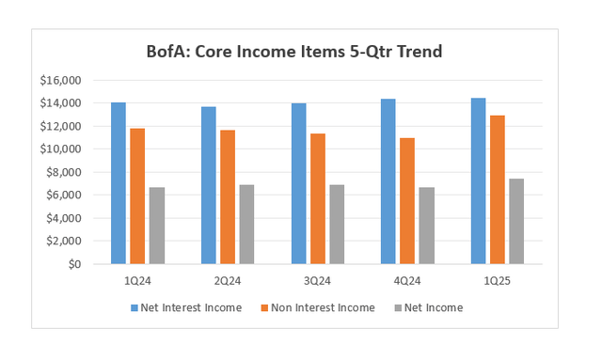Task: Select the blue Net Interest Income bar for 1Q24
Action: (119, 183)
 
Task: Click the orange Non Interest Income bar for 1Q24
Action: (137, 196)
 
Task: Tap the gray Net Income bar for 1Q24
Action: (156, 226)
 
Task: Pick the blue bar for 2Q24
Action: (209, 185)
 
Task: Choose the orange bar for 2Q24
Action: (228, 197)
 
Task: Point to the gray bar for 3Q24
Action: (337, 225)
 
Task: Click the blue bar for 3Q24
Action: (299, 184)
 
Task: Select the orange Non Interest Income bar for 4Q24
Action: (407, 201)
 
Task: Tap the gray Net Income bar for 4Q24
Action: (426, 226)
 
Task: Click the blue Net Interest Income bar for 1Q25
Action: (479, 181)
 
